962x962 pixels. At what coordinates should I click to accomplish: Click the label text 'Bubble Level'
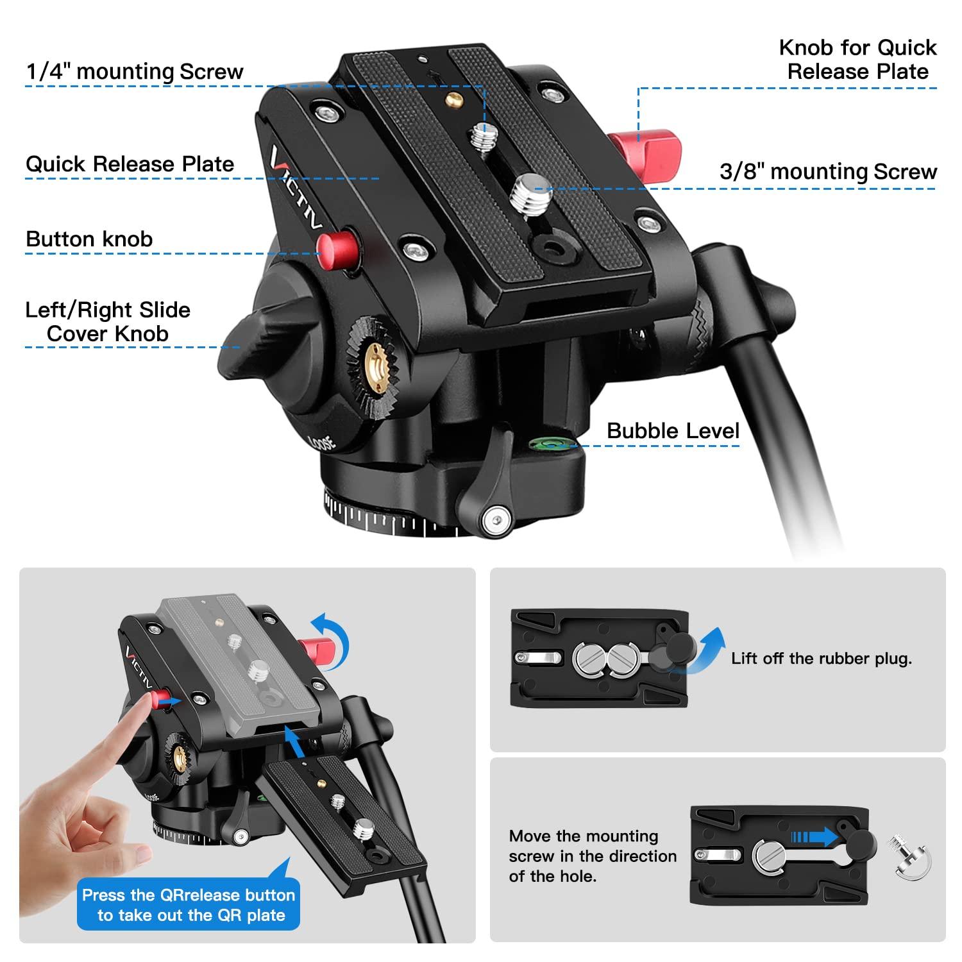tap(673, 430)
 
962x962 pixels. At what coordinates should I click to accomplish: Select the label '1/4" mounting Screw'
tap(135, 71)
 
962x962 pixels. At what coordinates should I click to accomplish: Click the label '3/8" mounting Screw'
tap(828, 171)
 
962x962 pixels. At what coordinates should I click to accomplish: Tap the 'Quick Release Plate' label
tap(130, 164)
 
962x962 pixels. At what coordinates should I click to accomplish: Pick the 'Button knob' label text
tap(89, 239)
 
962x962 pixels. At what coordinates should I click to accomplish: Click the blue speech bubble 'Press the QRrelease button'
tap(189, 904)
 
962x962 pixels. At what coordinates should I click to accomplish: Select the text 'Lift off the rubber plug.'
tap(821, 659)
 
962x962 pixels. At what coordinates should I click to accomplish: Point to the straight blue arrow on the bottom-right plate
tap(814, 837)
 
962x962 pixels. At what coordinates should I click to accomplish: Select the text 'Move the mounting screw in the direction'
tap(592, 846)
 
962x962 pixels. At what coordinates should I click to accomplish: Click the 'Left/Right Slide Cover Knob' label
tap(108, 321)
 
